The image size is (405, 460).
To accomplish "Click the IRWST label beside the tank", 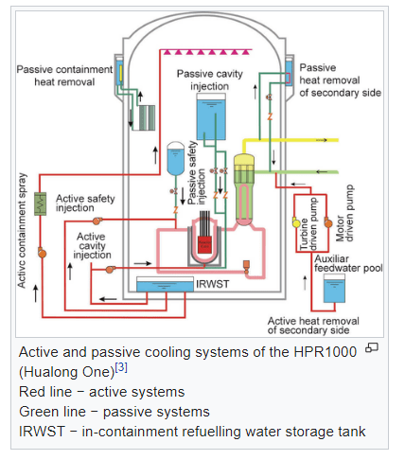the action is [213, 284].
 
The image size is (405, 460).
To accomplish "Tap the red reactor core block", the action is [204, 244].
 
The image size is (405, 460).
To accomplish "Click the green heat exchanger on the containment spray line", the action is [40, 203].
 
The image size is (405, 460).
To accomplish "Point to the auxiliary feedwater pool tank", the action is [334, 288].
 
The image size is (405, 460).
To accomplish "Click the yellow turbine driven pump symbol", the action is [296, 222].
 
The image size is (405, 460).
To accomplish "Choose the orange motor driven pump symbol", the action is [328, 222].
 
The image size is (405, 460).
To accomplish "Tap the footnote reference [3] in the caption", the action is [121, 367].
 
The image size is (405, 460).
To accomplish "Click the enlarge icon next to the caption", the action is [372, 347].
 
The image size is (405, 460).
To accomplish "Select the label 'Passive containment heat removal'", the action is [64, 76].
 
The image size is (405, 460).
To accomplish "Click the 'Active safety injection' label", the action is [85, 203].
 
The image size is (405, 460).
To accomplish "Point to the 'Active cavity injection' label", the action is [92, 245].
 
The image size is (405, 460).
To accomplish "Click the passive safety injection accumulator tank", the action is [175, 158].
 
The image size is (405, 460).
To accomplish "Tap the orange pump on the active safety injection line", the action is [97, 221].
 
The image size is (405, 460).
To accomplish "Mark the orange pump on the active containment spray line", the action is [42, 253].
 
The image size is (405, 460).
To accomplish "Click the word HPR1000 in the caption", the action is [326, 352].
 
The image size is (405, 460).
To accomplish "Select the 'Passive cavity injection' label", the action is [210, 80].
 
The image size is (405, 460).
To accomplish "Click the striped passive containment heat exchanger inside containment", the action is [147, 117].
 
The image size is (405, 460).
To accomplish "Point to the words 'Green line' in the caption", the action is [52, 412].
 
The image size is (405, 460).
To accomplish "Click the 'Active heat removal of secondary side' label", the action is [313, 326].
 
